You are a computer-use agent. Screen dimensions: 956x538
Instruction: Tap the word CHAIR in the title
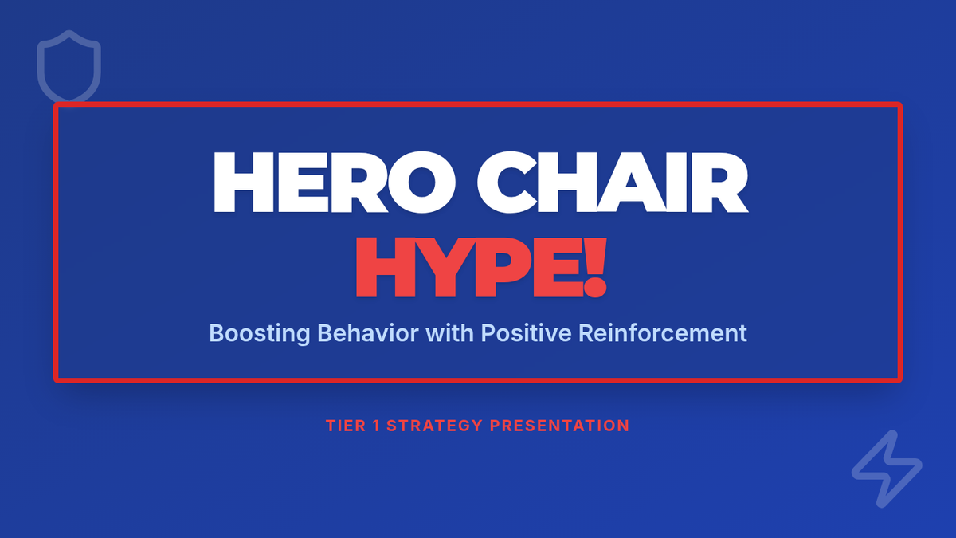coord(613,182)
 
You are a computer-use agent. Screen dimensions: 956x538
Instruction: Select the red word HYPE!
coord(481,267)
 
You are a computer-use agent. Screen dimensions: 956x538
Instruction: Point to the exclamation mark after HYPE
coord(595,267)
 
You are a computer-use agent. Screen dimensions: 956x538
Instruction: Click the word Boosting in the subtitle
coord(260,333)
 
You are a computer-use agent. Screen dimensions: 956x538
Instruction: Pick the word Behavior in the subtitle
coord(368,332)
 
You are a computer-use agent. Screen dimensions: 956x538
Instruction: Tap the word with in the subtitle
coord(450,332)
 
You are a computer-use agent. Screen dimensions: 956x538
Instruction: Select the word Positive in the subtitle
coord(527,332)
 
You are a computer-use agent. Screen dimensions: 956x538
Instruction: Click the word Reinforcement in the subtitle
coord(663,332)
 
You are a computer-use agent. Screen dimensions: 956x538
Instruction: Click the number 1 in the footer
coord(376,426)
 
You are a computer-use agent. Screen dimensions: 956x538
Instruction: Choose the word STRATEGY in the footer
coord(434,426)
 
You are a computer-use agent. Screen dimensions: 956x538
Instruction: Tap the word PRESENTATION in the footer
coord(559,426)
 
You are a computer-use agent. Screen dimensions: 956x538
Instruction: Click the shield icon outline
coord(39,69)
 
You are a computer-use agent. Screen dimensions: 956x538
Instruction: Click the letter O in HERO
coord(422,182)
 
